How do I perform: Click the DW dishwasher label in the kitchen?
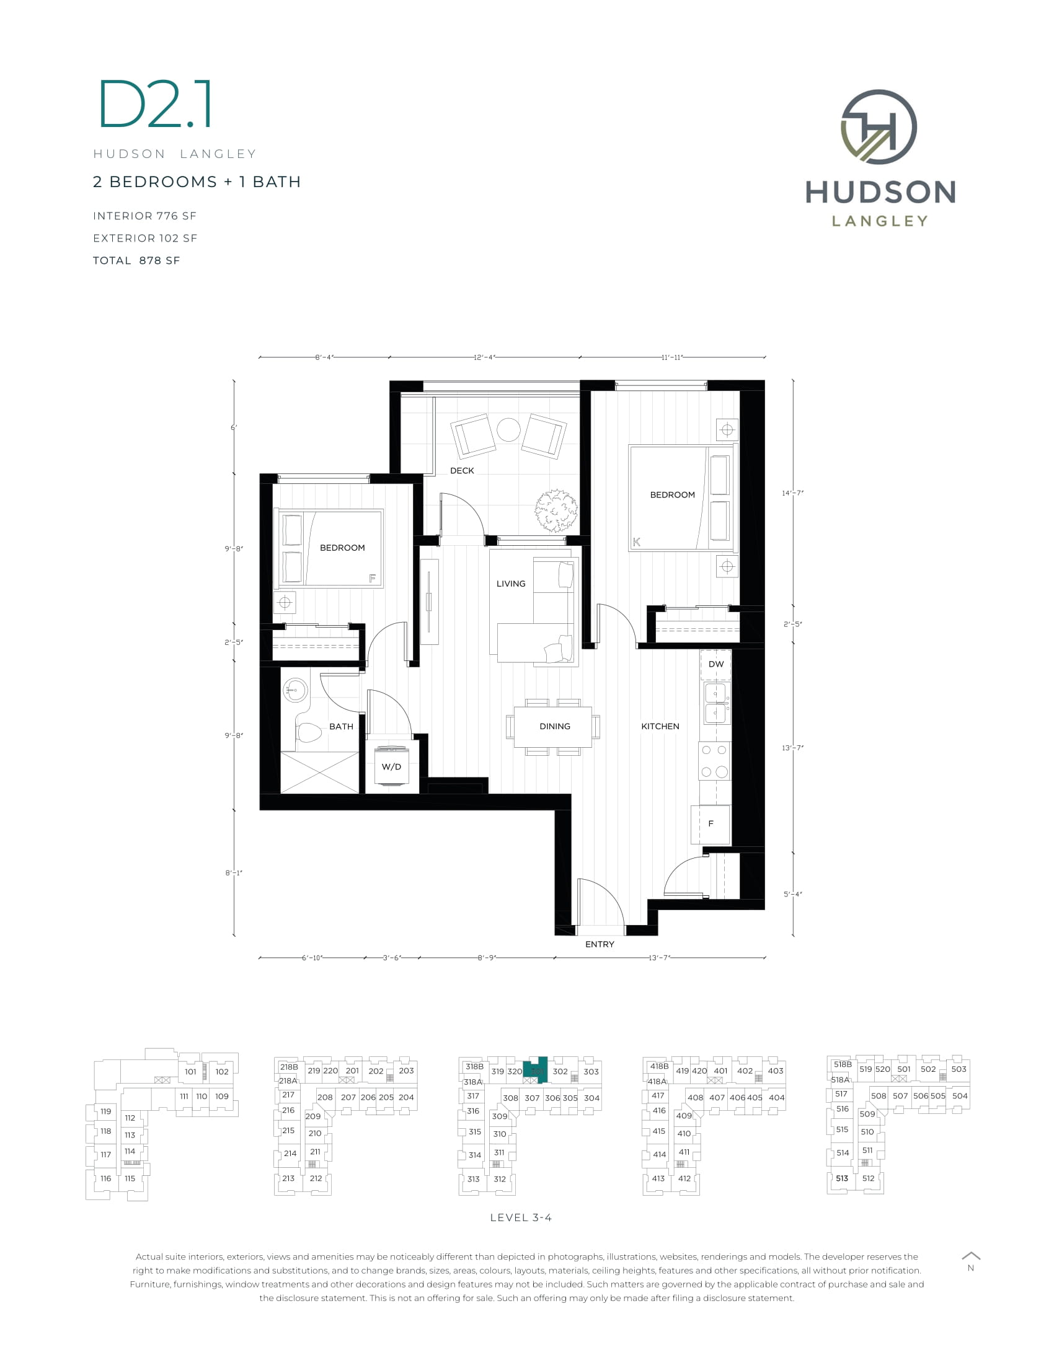pyautogui.click(x=715, y=664)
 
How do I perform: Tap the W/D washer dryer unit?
pyautogui.click(x=391, y=766)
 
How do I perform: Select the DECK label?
pyautogui.click(x=462, y=471)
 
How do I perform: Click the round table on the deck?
pyautogui.click(x=508, y=429)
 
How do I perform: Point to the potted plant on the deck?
pyautogui.click(x=556, y=511)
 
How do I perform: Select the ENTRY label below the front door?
pyautogui.click(x=600, y=944)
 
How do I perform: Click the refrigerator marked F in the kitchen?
pyautogui.click(x=711, y=824)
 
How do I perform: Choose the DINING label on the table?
pyautogui.click(x=554, y=727)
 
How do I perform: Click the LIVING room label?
pyautogui.click(x=511, y=584)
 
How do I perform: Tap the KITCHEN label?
pyautogui.click(x=660, y=727)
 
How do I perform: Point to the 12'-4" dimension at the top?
pyautogui.click(x=484, y=357)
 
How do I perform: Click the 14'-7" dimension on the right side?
pyautogui.click(x=792, y=493)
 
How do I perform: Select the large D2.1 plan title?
pyautogui.click(x=156, y=104)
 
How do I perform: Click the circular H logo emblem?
pyautogui.click(x=879, y=126)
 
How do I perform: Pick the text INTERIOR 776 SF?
pyautogui.click(x=145, y=216)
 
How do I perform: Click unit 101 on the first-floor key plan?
pyautogui.click(x=190, y=1072)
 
